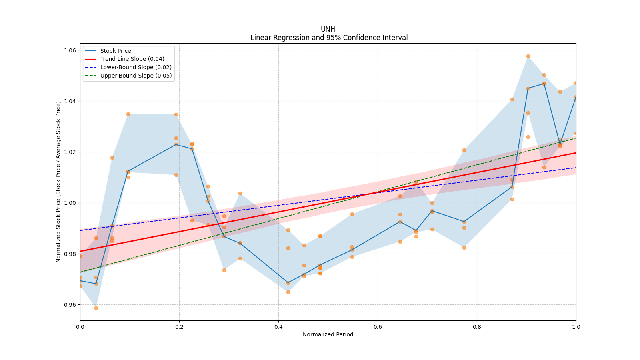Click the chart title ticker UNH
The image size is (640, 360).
coord(328,29)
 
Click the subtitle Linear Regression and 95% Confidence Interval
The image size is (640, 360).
coord(329,38)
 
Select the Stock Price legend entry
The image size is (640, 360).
coord(115,51)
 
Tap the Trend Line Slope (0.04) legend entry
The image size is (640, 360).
coord(132,59)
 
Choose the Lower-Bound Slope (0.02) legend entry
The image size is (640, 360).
coord(136,67)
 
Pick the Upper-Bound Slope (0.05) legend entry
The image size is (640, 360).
coord(136,76)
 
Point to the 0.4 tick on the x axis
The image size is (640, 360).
coord(278,327)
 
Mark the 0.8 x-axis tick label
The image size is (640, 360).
coord(477,327)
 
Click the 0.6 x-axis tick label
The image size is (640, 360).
coord(378,327)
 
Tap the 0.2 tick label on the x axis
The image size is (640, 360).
coord(179,327)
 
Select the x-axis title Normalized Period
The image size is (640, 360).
coord(328,334)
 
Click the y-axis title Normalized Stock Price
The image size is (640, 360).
coord(58,182)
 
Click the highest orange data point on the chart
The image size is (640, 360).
coord(528,56)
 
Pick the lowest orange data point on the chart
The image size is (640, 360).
coord(96,308)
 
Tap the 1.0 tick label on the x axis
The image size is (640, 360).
coord(576,327)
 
